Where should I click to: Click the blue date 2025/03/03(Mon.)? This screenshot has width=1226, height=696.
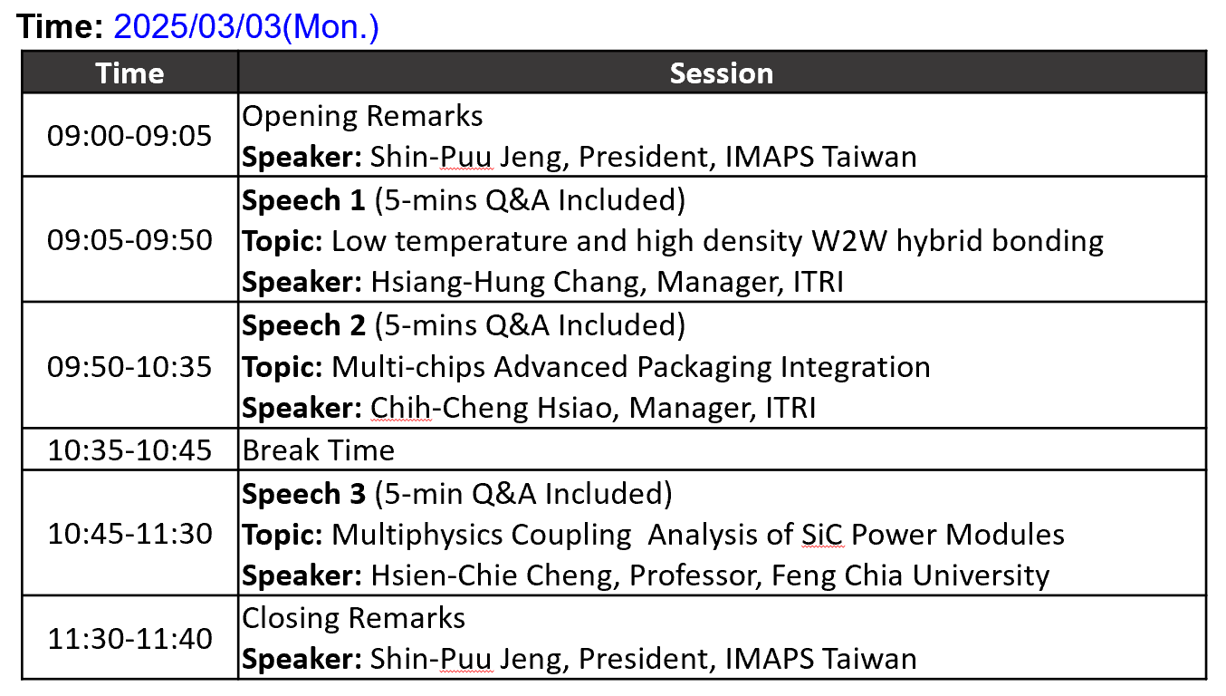[246, 27]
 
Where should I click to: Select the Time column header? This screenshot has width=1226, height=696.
[129, 73]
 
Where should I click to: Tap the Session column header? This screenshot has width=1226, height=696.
[722, 73]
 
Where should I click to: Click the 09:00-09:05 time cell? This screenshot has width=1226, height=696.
[129, 136]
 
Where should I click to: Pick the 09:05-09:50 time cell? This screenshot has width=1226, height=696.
[129, 240]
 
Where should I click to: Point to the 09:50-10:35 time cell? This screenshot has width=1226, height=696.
[129, 366]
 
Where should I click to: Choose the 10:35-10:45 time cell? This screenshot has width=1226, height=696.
[129, 450]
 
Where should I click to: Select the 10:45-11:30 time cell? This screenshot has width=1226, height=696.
[129, 534]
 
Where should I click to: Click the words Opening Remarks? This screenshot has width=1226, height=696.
[362, 116]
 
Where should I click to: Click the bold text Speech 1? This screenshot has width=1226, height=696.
[303, 200]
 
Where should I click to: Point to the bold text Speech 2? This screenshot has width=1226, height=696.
[303, 325]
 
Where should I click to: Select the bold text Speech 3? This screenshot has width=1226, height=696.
[303, 493]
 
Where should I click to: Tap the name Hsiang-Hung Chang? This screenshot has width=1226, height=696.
[504, 282]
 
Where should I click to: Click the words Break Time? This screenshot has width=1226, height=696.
[318, 450]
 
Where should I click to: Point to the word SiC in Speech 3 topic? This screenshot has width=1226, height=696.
[822, 535]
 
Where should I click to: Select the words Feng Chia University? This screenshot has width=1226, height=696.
[910, 575]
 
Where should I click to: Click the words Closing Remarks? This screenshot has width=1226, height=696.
[353, 618]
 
